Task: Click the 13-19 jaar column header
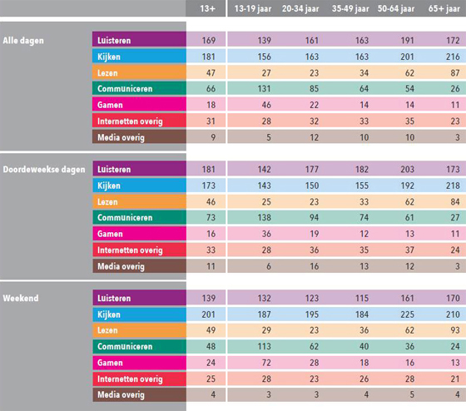[253, 8]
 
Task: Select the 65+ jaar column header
[444, 8]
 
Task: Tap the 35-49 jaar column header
[350, 8]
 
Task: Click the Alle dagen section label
[23, 41]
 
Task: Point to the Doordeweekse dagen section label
[44, 170]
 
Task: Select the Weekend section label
[21, 298]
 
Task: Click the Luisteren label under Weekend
[114, 298]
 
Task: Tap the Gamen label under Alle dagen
[110, 105]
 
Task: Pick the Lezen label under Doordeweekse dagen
[107, 202]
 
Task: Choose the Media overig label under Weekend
[121, 395]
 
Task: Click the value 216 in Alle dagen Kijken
[453, 57]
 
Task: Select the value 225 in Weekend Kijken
[407, 314]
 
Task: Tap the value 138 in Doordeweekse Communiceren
[265, 217]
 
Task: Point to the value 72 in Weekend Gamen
[266, 363]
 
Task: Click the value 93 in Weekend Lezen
[455, 330]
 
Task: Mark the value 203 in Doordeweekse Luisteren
[407, 170]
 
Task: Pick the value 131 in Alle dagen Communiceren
[265, 88]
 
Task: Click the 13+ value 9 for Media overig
[213, 137]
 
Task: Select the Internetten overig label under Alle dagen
[130, 121]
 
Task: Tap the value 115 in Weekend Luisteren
[362, 298]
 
